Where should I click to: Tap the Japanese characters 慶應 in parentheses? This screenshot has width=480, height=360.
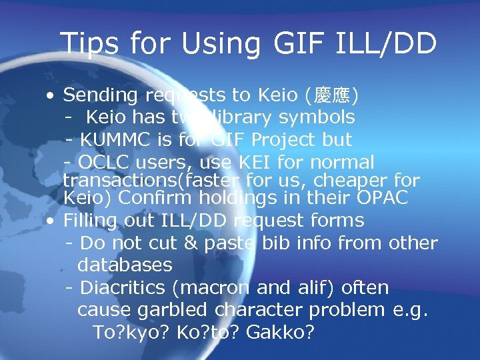(x=332, y=96)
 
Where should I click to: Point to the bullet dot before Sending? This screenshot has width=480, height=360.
(x=51, y=97)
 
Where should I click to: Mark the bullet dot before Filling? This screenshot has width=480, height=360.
(x=51, y=221)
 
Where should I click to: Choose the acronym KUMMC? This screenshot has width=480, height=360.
(x=115, y=140)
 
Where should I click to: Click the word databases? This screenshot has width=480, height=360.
(x=125, y=265)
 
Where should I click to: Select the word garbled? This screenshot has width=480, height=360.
(x=173, y=310)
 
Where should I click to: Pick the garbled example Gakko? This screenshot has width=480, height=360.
(x=280, y=332)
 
